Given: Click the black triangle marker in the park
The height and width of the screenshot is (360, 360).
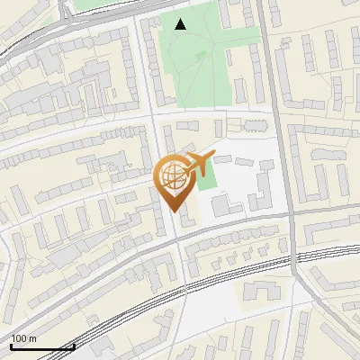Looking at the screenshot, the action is point(181,24).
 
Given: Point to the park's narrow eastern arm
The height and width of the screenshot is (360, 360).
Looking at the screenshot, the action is point(241,90).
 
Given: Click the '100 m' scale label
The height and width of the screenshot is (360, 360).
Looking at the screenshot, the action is point(23,338).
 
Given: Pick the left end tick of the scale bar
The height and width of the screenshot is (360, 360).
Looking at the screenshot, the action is point(11,345).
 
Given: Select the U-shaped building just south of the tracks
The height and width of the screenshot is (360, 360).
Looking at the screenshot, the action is point(260,292).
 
